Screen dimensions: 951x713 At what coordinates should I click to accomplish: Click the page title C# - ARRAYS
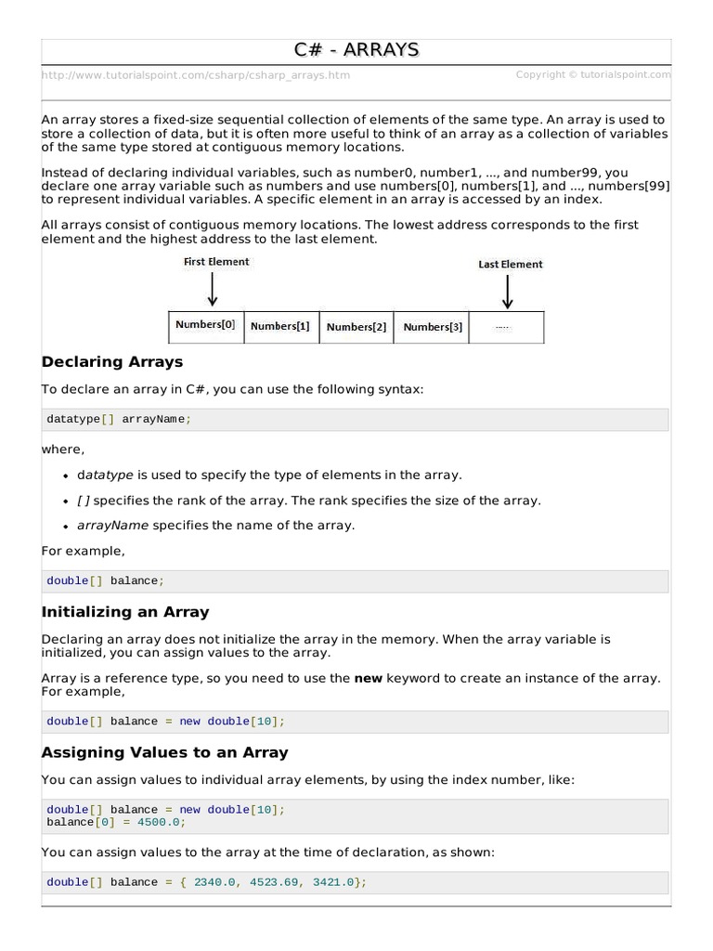coord(356,50)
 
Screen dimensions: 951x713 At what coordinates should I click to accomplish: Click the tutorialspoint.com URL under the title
coord(196,75)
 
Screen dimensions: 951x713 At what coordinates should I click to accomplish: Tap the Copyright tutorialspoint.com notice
coord(593,75)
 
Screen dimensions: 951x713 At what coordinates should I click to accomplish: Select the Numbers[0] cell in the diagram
coord(205,326)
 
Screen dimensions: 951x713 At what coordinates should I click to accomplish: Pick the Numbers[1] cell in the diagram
coord(280,327)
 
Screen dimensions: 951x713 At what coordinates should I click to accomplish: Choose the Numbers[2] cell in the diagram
coord(356,328)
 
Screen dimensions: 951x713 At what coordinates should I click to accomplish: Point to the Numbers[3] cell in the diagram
coord(433,328)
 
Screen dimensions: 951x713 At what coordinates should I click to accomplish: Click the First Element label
coord(216,262)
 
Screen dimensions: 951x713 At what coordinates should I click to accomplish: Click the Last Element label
coord(511,265)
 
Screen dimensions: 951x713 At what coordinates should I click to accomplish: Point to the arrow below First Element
coord(213,289)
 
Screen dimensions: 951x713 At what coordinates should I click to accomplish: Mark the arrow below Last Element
coord(507,291)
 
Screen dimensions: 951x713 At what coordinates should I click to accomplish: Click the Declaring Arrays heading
coord(112,362)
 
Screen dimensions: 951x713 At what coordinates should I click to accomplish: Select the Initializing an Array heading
coord(125,612)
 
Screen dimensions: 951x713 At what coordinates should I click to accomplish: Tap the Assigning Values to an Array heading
coord(164,752)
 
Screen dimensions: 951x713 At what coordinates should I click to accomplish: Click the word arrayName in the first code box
coord(153,420)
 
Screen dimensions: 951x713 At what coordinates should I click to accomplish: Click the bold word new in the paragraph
coord(369,679)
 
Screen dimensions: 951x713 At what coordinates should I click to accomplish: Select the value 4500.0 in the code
coord(162,823)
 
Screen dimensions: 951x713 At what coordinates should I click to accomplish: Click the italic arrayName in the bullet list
coord(112,526)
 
